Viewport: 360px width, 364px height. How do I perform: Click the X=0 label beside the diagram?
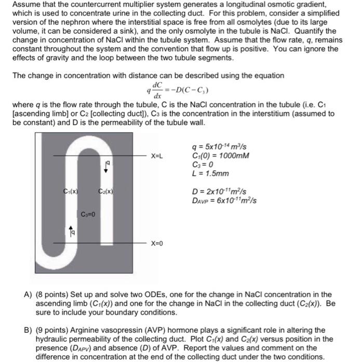tap(157, 243)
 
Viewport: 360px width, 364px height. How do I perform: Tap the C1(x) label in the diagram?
tap(71, 191)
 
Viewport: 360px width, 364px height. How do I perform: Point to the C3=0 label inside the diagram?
tap(88, 214)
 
